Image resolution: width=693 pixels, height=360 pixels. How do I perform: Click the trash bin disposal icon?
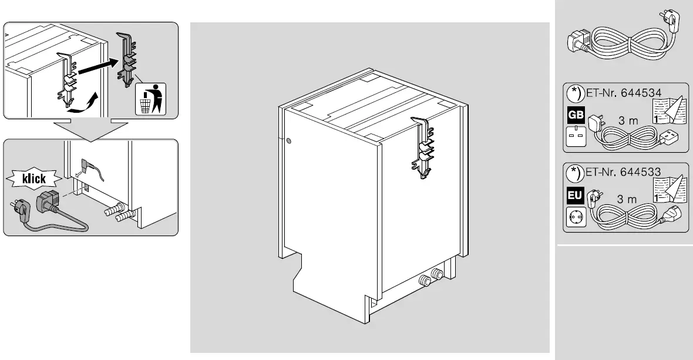(x=151, y=99)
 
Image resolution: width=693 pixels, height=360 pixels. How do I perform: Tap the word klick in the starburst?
(x=35, y=179)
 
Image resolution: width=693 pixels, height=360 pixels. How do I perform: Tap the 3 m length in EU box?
(x=627, y=199)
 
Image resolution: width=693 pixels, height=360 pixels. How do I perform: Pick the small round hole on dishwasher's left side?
(x=288, y=142)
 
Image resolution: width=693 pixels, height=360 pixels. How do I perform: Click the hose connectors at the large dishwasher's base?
(x=430, y=277)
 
